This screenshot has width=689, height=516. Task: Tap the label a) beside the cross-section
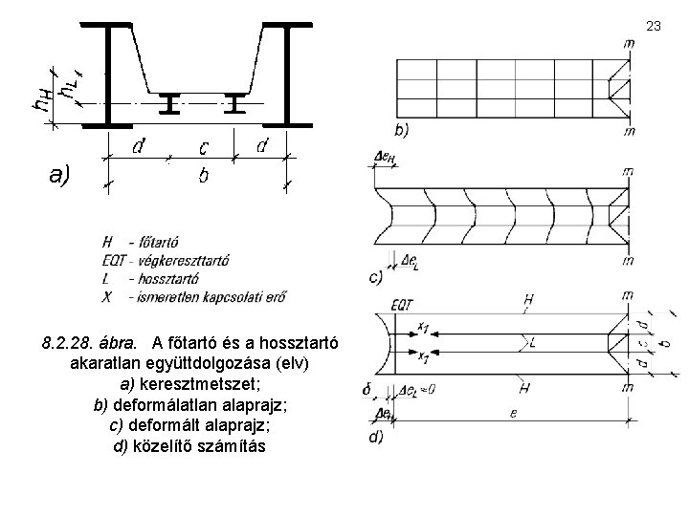coord(58,175)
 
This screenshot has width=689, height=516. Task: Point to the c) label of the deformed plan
coord(376,278)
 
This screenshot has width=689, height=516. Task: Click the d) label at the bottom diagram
coord(375,437)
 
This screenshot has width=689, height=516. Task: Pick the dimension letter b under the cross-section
coord(204,177)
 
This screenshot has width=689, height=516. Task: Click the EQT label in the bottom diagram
coord(402,305)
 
